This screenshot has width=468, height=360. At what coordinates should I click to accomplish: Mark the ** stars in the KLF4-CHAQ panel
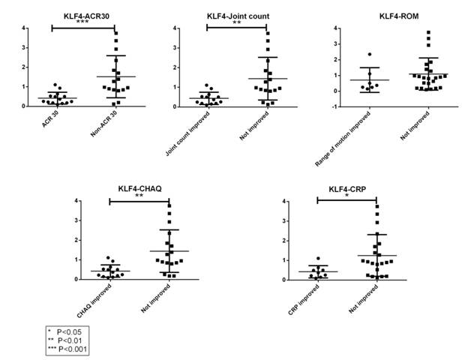[139, 196]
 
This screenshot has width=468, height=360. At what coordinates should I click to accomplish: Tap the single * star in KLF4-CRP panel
[347, 197]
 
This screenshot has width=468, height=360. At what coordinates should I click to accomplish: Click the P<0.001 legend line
[68, 349]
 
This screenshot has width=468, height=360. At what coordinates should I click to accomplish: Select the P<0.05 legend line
[70, 331]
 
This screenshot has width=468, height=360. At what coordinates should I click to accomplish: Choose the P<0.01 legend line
[69, 340]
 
